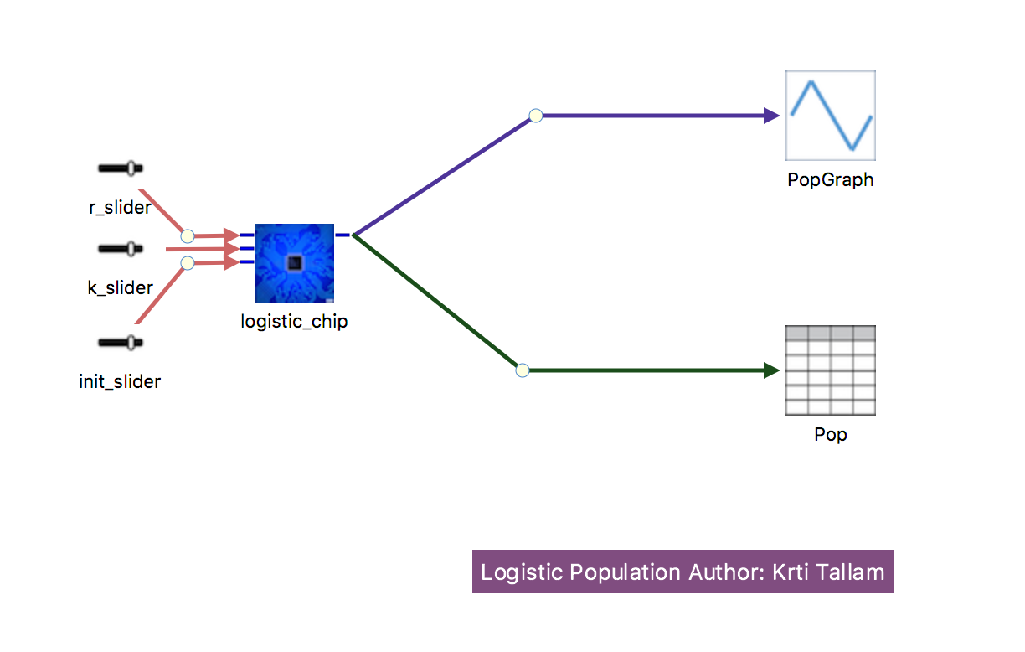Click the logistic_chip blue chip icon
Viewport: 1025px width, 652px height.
point(295,263)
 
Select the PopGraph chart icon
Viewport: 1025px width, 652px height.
point(831,116)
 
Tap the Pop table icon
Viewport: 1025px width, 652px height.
point(831,370)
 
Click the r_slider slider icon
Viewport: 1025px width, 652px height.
point(121,168)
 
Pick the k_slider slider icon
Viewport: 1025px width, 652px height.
point(121,249)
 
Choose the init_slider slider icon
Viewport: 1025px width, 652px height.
point(121,343)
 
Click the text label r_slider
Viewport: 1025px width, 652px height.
point(120,207)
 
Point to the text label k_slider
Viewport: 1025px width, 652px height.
point(120,287)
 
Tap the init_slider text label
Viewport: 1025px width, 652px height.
point(120,381)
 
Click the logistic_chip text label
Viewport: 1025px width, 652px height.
point(294,322)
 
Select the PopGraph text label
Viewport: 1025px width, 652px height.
point(831,180)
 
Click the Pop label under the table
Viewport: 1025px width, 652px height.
point(831,434)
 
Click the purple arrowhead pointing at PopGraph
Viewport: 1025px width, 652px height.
point(771,116)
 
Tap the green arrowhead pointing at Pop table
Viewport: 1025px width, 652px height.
point(771,370)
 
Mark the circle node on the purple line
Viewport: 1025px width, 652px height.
point(536,116)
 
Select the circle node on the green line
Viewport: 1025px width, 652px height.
point(523,370)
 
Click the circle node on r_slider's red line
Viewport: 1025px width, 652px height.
point(188,236)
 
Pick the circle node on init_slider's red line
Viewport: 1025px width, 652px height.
point(188,263)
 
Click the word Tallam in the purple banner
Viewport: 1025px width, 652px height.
point(850,572)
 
